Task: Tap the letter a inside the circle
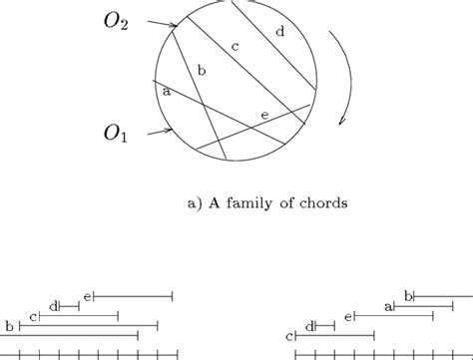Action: click(x=166, y=91)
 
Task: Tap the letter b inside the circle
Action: click(x=202, y=70)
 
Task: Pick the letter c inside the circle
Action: click(x=236, y=46)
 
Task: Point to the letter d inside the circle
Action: click(x=278, y=33)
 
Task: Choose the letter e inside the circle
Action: click(x=263, y=115)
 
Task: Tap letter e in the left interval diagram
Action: click(x=88, y=295)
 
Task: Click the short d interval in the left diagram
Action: click(x=69, y=306)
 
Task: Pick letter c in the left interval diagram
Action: click(x=33, y=316)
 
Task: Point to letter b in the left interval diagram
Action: click(x=9, y=326)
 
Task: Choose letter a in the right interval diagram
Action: click(x=387, y=306)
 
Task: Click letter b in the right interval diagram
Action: click(x=407, y=295)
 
